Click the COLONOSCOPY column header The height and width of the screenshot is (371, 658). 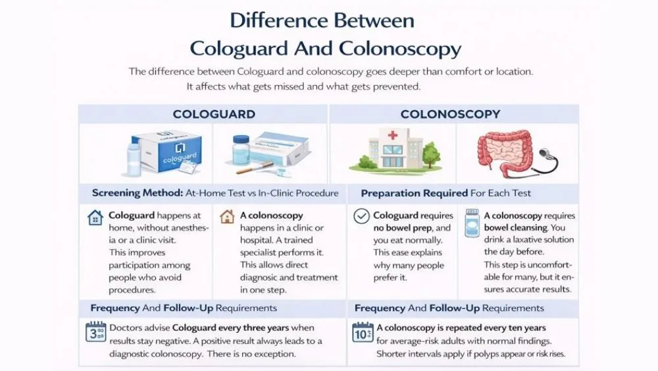pyautogui.click(x=450, y=114)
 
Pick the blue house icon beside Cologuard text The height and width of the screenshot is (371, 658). pyautogui.click(x=95, y=217)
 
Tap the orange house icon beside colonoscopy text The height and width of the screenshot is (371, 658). pyautogui.click(x=227, y=217)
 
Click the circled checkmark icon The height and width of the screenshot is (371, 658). pyautogui.click(x=361, y=217)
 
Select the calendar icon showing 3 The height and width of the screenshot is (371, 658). pyautogui.click(x=95, y=331)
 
